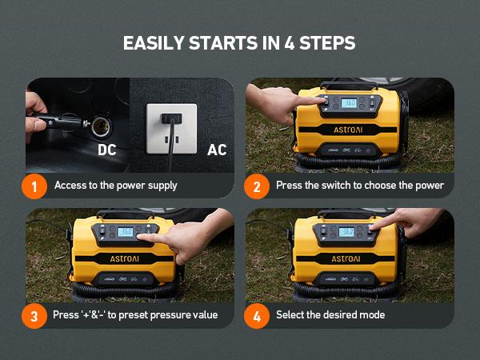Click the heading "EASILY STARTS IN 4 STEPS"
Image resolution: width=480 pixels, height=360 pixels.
click(239, 42)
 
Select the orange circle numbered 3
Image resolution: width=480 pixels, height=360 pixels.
click(34, 314)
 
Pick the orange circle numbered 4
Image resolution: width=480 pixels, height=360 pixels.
click(256, 314)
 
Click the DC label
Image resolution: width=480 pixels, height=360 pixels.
click(108, 150)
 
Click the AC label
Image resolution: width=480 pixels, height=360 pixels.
click(217, 150)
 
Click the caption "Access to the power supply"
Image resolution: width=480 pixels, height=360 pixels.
click(116, 186)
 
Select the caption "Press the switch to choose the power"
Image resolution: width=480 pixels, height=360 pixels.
click(359, 186)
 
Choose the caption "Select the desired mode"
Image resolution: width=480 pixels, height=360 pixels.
click(330, 314)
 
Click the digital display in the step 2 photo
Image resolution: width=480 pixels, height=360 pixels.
click(350, 103)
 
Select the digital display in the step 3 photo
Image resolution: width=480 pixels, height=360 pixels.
click(125, 232)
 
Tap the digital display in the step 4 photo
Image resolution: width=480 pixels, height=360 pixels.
click(347, 232)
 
